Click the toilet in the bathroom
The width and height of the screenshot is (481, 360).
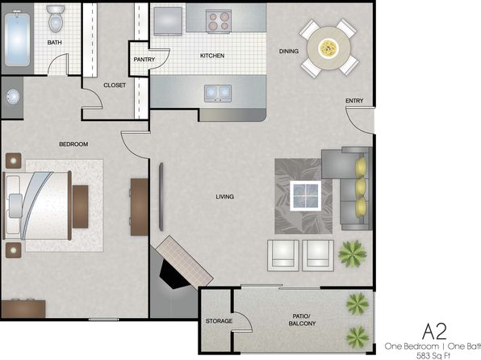coord(56,19)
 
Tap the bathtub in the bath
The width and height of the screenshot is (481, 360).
coord(18,38)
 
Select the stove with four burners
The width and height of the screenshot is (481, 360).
coord(219,20)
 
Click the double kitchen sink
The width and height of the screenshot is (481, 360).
coord(218,94)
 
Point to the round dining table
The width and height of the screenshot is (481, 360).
coord(328,48)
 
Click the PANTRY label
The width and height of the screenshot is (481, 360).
coord(144,60)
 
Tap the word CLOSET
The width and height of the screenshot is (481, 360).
coord(115,86)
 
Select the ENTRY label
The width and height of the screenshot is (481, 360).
coord(354,101)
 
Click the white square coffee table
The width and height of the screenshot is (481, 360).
coord(306,195)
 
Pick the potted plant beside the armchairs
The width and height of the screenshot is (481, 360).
coord(352,253)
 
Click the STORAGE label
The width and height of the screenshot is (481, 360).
coord(219,321)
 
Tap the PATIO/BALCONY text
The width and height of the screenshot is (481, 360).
coord(302,320)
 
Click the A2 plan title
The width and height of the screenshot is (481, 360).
coord(434,331)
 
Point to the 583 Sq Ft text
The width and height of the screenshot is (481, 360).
coord(433,356)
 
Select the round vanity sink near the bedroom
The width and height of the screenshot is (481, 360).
coord(13,97)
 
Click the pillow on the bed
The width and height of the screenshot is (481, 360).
coord(15,206)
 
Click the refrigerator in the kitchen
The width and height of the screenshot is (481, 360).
coord(168,21)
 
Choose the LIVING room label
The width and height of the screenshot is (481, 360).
coord(225,197)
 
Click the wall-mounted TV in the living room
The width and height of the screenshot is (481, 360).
coord(161,197)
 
